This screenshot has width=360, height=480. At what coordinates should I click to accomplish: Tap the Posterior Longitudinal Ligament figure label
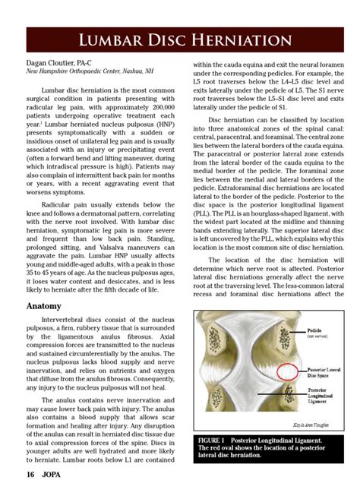click(x=325, y=396)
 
